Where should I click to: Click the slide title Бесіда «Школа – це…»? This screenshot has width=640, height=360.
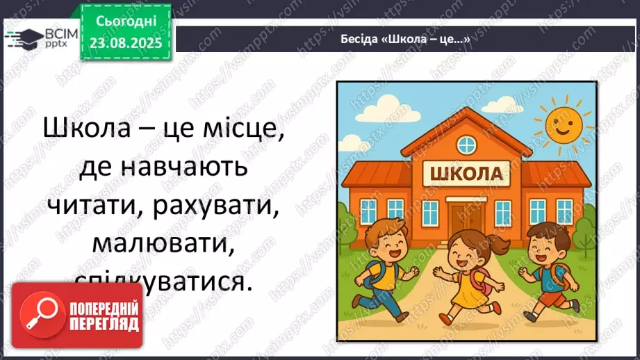pyautogui.click(x=406, y=39)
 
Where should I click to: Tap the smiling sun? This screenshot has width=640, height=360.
pyautogui.click(x=563, y=124)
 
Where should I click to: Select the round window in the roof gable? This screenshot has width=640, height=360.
pyautogui.click(x=466, y=145)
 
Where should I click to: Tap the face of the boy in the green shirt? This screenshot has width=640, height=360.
pyautogui.click(x=541, y=243)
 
